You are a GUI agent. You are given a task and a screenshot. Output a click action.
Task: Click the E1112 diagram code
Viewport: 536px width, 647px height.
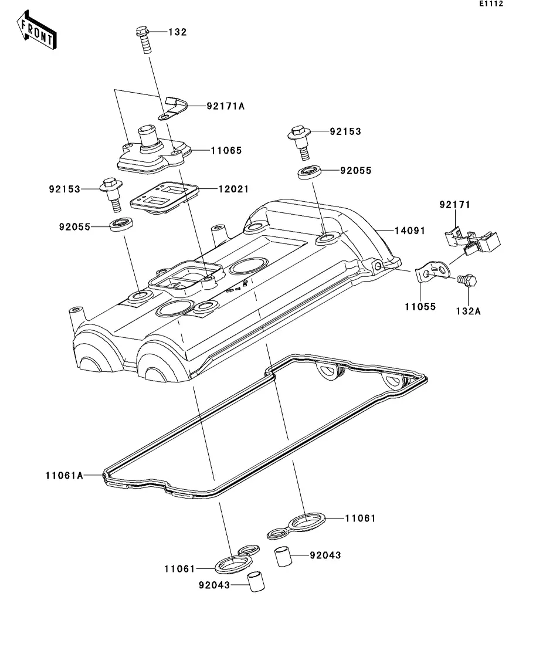tap(491, 4)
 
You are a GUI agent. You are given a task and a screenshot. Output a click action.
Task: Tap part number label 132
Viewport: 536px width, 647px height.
tap(177, 32)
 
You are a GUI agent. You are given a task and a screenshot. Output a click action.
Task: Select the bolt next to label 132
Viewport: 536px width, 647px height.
tap(143, 39)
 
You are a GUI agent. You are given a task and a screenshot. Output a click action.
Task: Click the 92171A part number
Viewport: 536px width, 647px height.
tap(225, 106)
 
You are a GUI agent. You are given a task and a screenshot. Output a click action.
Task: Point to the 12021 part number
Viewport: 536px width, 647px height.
tap(233, 189)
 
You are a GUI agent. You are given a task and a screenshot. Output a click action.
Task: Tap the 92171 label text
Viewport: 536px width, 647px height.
tap(456, 205)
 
